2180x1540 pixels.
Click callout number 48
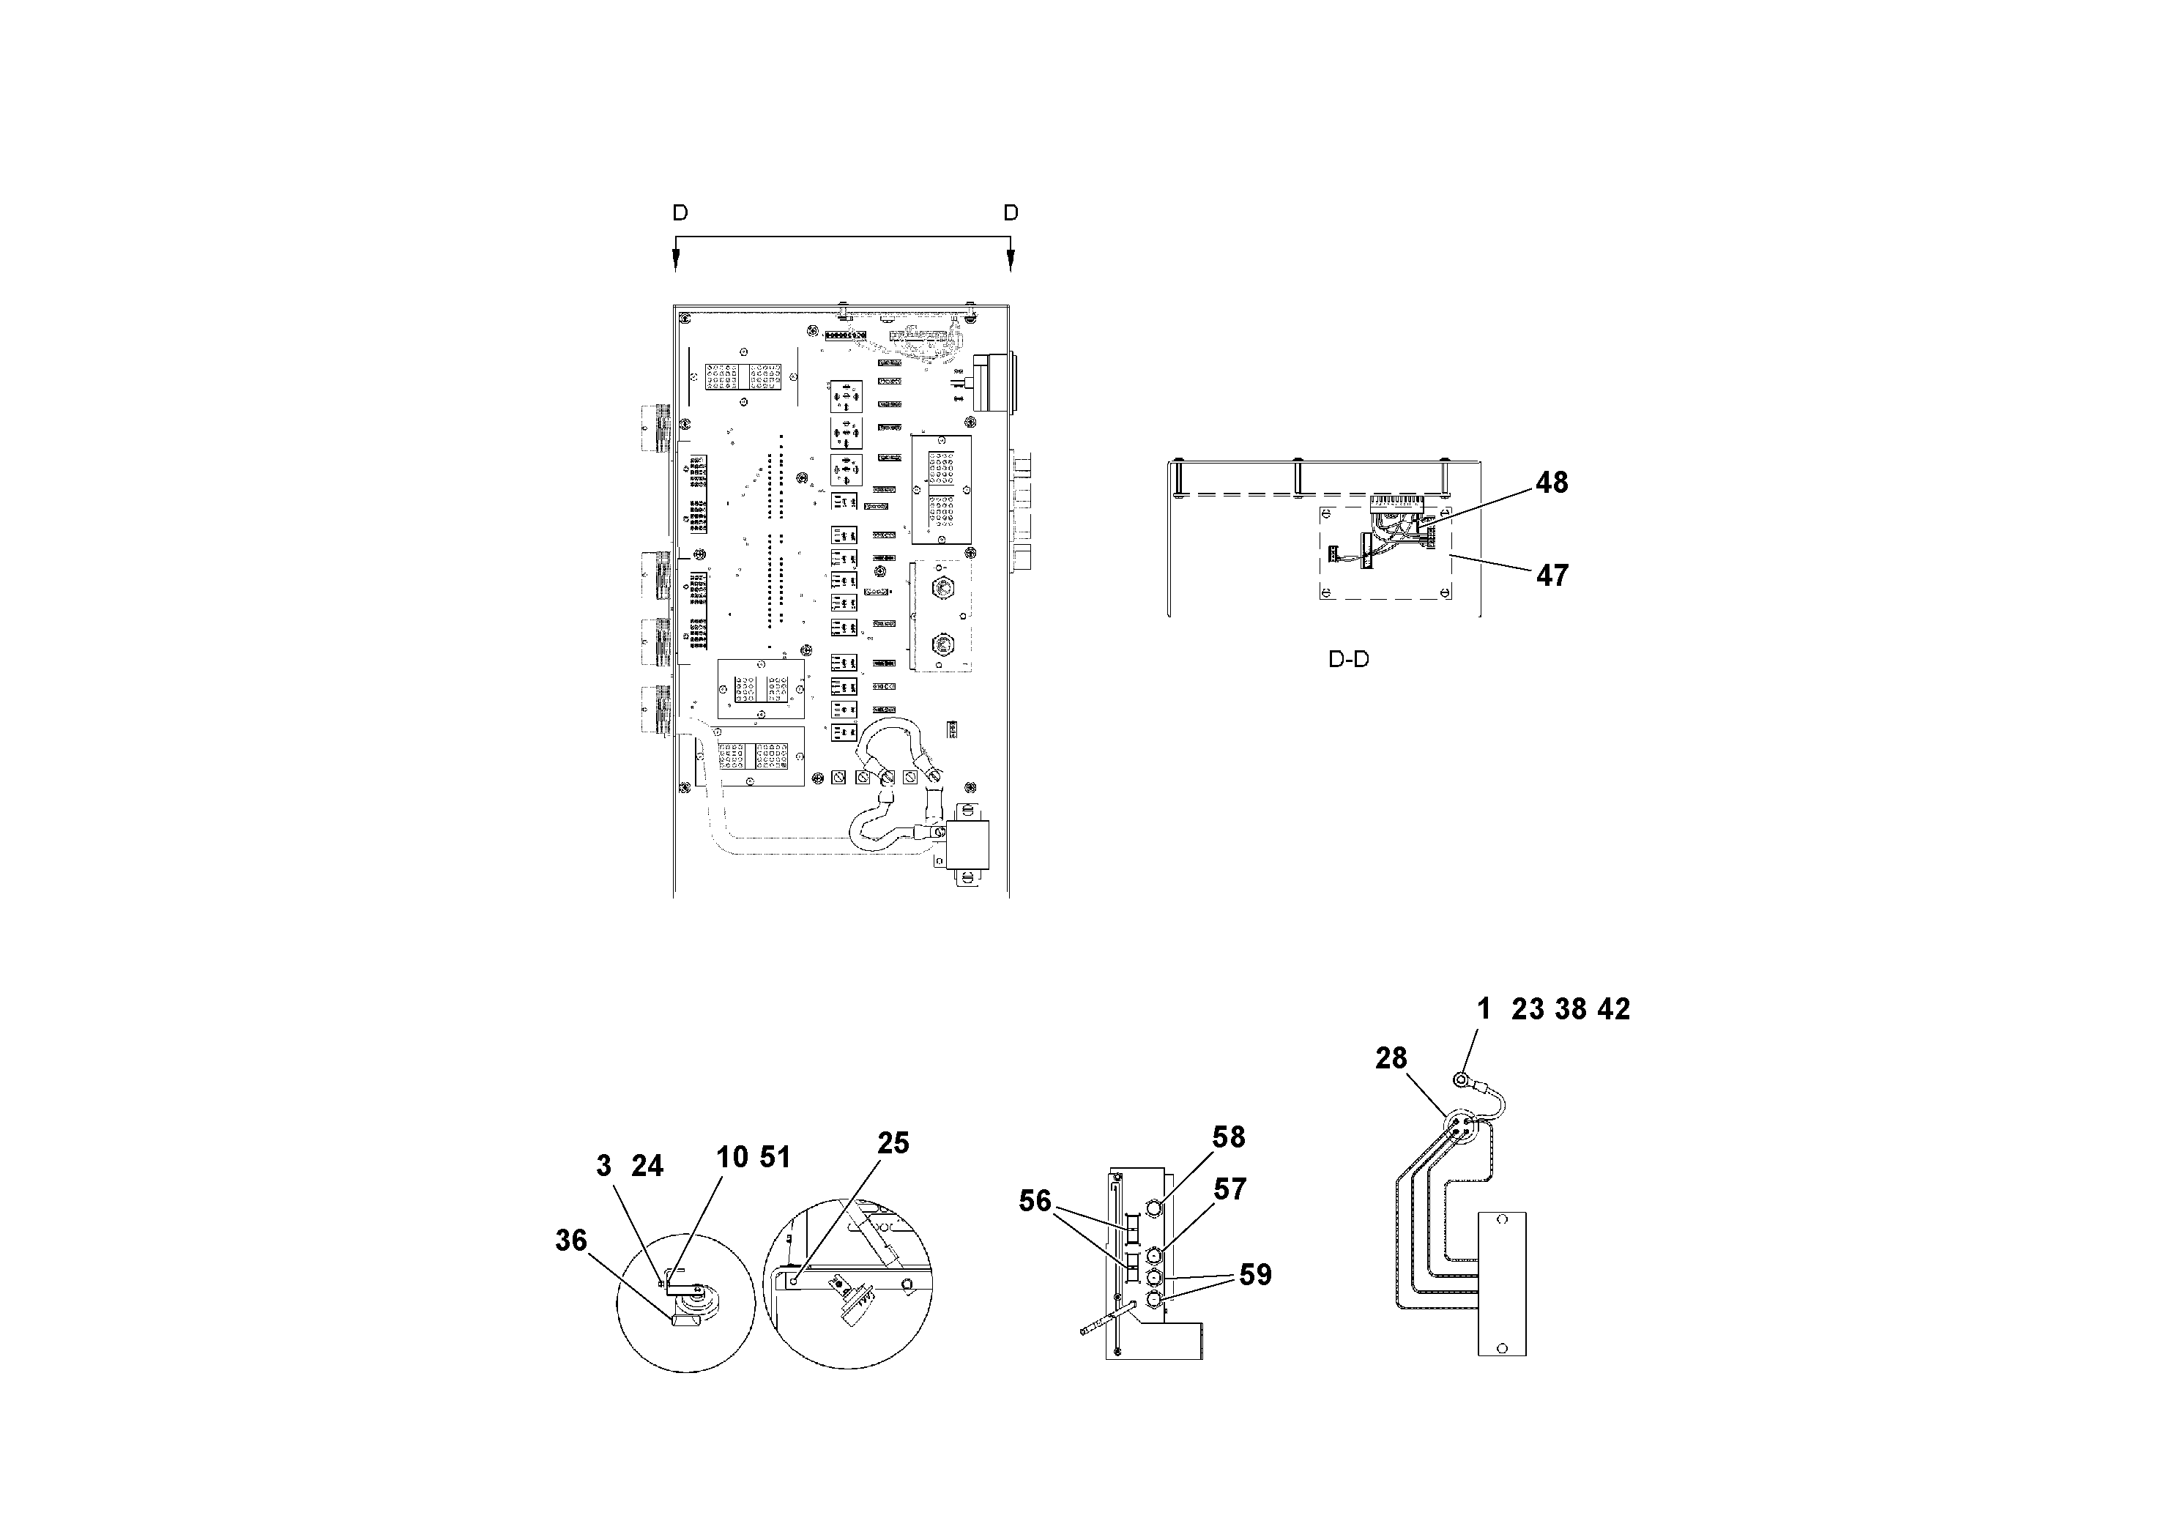(1552, 483)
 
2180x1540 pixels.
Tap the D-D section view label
(1348, 659)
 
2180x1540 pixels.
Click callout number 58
(1229, 1137)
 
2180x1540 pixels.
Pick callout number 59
(1255, 1274)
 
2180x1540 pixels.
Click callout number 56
(1035, 1201)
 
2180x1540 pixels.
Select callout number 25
(893, 1142)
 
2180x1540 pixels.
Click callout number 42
(1613, 1008)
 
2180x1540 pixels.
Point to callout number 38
(1571, 1008)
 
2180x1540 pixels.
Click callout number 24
(647, 1166)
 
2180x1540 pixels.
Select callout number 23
(1528, 1008)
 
